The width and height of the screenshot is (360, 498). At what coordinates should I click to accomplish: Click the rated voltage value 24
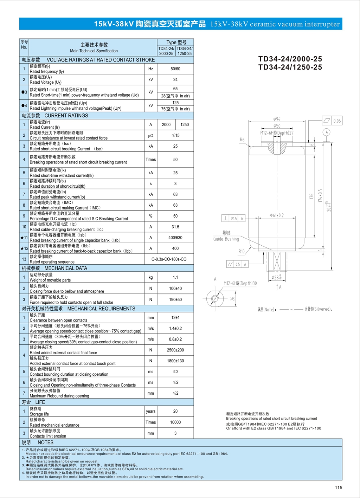[175, 80]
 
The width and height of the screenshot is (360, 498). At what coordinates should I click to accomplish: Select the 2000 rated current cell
[166, 125]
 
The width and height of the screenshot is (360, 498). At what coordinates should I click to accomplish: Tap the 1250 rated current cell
[185, 125]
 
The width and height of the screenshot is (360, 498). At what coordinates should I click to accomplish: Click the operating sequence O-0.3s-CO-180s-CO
[169, 259]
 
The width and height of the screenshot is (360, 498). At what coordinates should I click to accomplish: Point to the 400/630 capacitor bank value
[175, 238]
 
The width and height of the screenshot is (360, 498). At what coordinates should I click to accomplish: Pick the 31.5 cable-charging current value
[175, 227]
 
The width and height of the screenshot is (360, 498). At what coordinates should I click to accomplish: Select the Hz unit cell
[150, 69]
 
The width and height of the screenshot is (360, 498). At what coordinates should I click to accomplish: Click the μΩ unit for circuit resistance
[150, 136]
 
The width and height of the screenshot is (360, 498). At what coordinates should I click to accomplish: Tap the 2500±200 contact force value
[175, 350]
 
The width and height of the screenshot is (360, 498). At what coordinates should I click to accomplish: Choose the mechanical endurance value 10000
[175, 422]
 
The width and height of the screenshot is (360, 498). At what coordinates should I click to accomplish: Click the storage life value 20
[175, 412]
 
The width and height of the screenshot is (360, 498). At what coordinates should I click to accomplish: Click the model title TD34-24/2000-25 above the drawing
[290, 59]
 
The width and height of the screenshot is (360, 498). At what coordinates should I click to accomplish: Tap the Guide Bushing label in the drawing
[226, 239]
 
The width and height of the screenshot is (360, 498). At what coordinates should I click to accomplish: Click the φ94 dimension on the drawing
[277, 119]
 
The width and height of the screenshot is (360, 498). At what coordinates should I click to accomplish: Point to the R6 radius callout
[242, 140]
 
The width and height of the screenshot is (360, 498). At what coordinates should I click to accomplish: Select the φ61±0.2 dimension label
[277, 215]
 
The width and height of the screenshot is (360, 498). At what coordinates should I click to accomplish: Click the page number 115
[338, 487]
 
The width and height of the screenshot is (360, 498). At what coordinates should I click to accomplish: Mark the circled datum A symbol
[327, 132]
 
